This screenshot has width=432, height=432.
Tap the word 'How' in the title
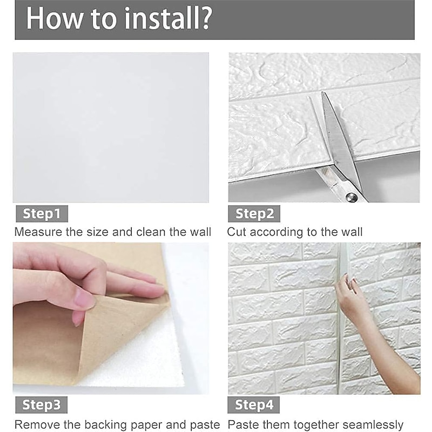(54, 18)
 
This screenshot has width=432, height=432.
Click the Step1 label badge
(42, 214)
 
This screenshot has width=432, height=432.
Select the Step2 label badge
(254, 214)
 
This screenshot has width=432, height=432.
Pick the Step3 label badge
(42, 404)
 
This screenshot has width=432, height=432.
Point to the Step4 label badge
(253, 404)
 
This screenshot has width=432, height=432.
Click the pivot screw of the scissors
(352, 197)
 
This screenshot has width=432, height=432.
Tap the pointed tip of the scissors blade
(322, 93)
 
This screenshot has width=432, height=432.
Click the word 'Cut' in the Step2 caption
(237, 232)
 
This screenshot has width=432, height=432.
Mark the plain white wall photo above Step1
(111, 127)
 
